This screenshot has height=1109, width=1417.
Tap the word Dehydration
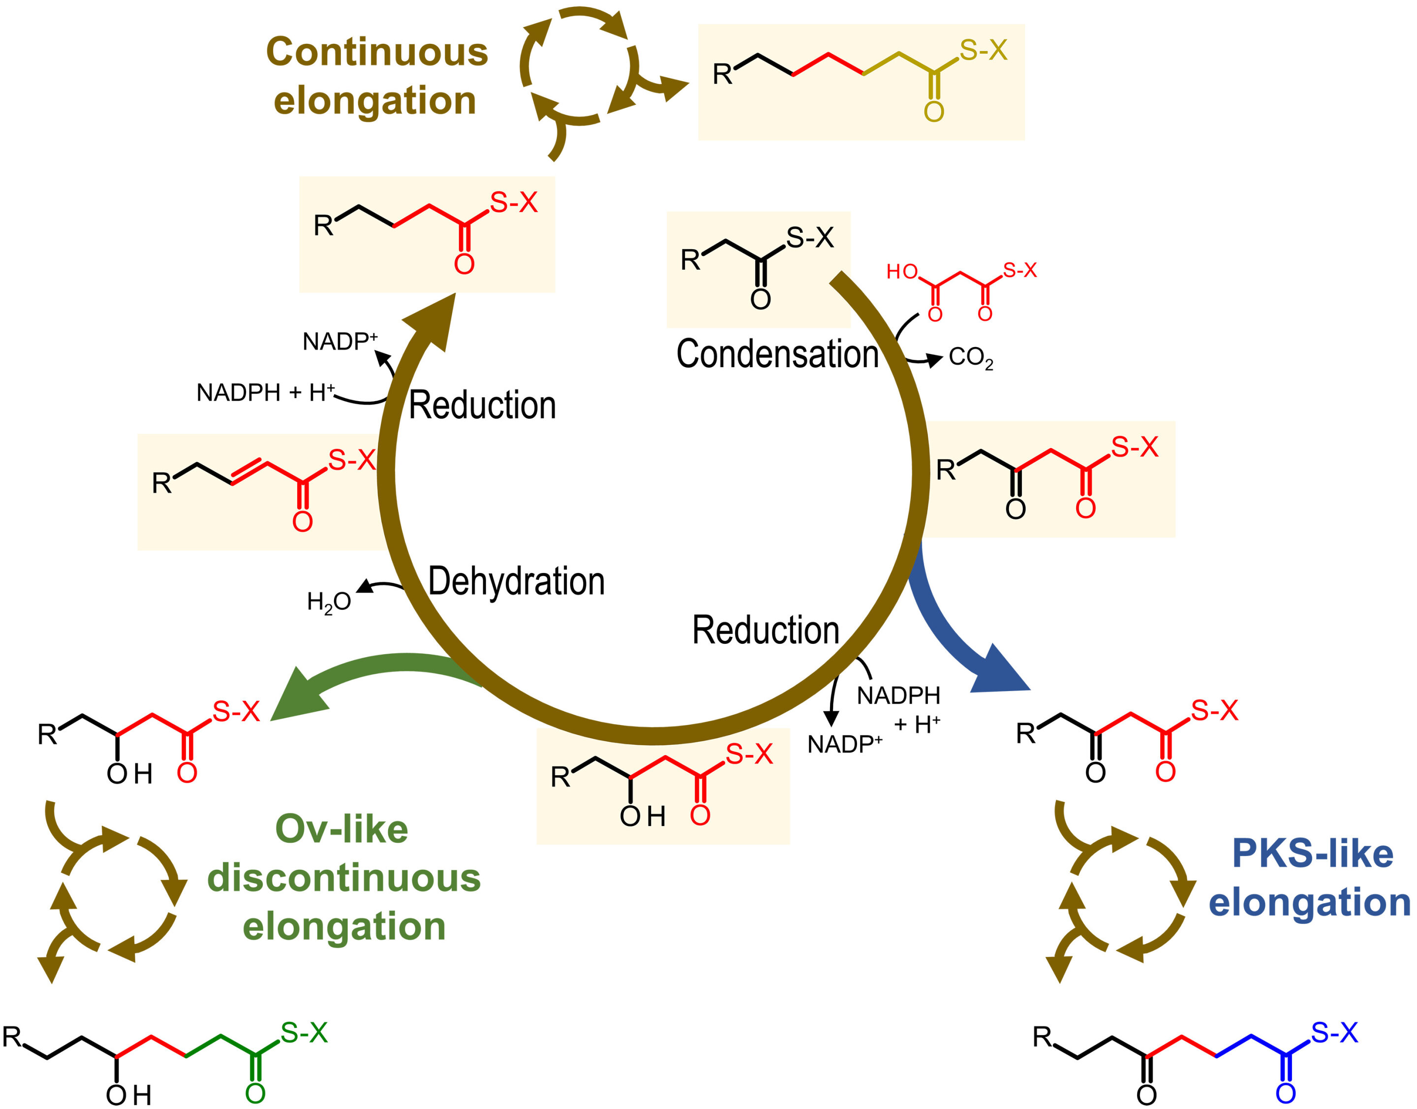(x=516, y=581)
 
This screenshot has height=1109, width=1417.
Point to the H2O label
(x=329, y=602)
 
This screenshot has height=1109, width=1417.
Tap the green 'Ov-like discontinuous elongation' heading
(x=344, y=877)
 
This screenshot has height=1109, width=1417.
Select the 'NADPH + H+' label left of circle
(x=266, y=392)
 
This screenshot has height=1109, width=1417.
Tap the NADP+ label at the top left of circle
(x=340, y=341)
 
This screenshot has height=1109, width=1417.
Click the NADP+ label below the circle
(x=844, y=744)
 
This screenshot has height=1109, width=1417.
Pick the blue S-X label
(x=1334, y=1033)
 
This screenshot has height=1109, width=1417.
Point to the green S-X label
(x=304, y=1033)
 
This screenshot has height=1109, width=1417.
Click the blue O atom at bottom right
(x=1285, y=1093)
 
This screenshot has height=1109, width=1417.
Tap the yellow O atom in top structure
(x=934, y=112)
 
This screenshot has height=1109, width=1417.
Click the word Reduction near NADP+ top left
(x=482, y=406)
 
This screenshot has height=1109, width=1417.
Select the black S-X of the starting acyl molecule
(x=810, y=238)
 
